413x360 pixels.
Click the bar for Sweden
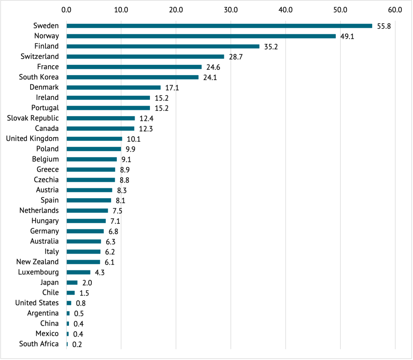click(219, 26)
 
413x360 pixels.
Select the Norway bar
click(201, 36)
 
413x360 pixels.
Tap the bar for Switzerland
click(145, 57)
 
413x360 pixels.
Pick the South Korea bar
click(132, 77)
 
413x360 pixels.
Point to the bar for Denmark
click(113, 88)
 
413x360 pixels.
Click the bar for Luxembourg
click(78, 272)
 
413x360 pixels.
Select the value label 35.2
click(271, 47)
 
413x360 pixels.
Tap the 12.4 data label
click(146, 118)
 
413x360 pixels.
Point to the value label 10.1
click(134, 139)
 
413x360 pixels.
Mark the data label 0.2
click(77, 344)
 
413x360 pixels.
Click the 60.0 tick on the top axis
click(395, 9)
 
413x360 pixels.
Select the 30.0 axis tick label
click(230, 9)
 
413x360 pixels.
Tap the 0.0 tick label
click(66, 9)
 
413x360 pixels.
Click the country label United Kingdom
click(32, 139)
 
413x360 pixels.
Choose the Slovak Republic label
click(33, 118)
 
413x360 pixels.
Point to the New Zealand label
click(38, 262)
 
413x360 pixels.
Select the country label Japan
click(50, 282)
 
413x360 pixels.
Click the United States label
click(37, 303)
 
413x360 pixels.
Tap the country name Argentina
click(43, 313)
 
